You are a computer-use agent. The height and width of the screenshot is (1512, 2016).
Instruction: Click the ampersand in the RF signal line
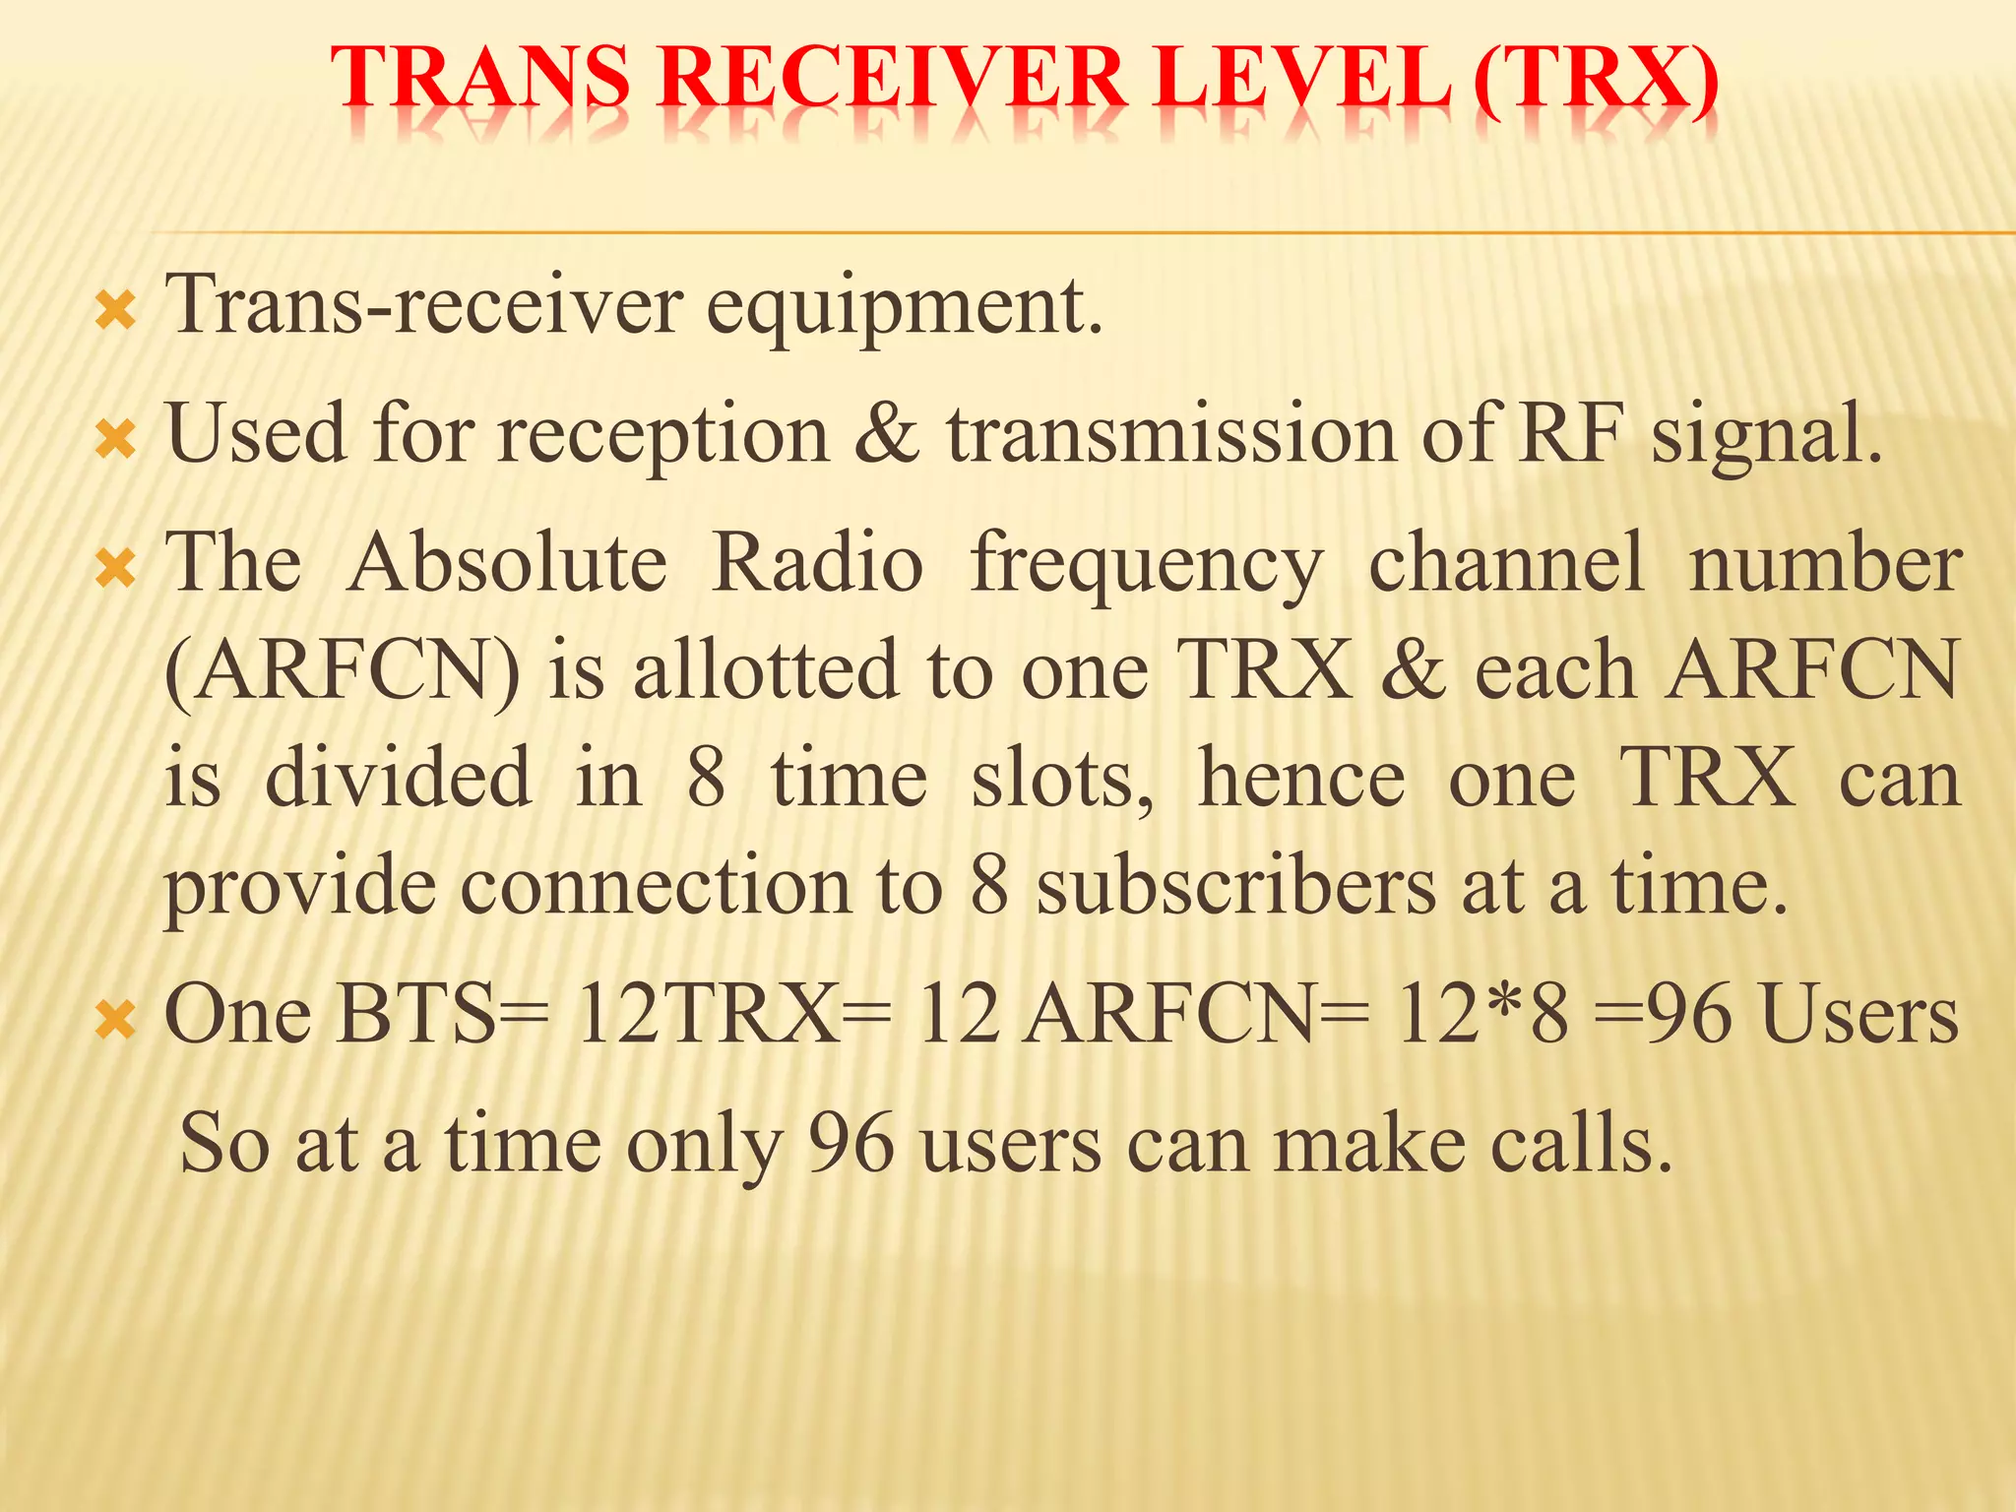coord(887,434)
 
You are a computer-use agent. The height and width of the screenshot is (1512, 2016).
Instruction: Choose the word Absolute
coord(508,563)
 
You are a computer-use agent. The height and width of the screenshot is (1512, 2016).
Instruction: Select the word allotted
coord(766,669)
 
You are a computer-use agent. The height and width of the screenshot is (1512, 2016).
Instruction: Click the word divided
coord(400,778)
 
